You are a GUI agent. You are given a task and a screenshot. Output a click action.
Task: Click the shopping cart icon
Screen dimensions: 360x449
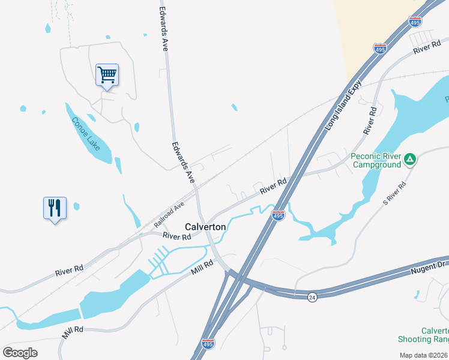click(107, 76)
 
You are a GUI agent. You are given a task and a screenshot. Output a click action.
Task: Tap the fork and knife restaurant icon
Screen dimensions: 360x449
click(55, 208)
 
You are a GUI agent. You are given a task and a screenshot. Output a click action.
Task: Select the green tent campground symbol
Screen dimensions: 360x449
click(410, 159)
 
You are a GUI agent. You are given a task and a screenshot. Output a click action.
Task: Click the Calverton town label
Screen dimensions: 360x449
click(205, 227)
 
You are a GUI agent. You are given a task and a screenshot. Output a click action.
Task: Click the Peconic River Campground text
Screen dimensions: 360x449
click(376, 160)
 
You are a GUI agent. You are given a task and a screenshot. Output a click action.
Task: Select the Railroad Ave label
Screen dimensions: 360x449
click(169, 214)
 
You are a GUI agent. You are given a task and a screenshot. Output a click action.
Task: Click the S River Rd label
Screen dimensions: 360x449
click(394, 196)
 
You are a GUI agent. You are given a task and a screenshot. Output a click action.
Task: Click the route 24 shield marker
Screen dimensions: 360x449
click(312, 297)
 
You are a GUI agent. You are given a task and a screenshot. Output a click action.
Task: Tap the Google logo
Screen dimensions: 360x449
click(20, 352)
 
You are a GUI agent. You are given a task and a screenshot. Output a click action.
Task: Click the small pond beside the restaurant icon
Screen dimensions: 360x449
click(76, 206)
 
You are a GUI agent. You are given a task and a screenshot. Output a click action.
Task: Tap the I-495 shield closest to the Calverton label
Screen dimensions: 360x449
click(278, 215)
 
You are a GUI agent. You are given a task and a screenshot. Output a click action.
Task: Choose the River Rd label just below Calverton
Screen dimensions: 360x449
click(177, 237)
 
